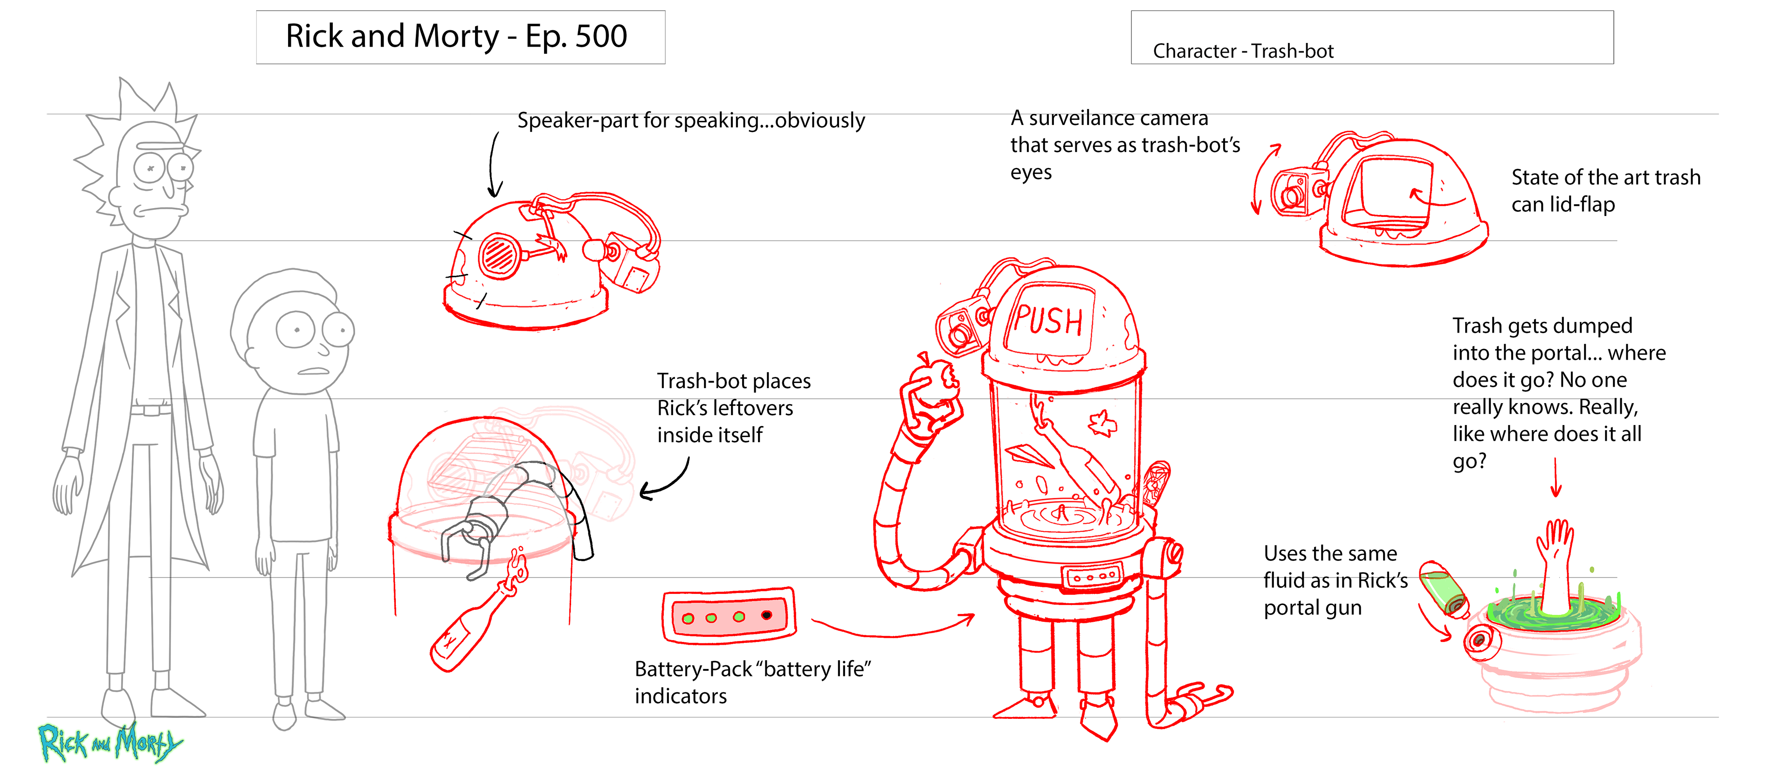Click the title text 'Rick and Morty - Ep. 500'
[x=456, y=36]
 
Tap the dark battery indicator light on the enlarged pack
[x=766, y=615]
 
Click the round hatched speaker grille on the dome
[x=499, y=255]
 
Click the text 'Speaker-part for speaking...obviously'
[x=691, y=120]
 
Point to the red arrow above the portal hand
[x=1556, y=480]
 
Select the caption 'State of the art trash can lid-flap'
[x=1605, y=190]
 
